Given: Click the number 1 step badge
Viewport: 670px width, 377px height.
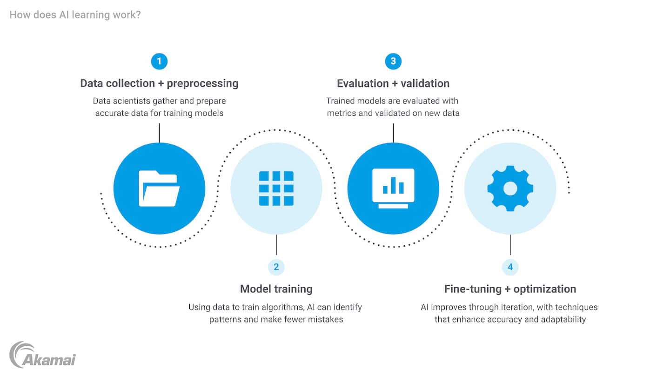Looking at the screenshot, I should click(x=159, y=61).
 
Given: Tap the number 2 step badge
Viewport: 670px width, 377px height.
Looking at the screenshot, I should click(x=276, y=267).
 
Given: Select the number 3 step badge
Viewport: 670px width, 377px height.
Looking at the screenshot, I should click(x=393, y=61).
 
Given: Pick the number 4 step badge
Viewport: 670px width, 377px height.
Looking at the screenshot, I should click(x=510, y=267).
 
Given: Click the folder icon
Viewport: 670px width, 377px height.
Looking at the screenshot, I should click(x=159, y=188).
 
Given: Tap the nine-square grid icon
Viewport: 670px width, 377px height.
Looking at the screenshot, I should click(x=276, y=188).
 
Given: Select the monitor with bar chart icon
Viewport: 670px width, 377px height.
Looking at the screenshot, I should click(x=393, y=188).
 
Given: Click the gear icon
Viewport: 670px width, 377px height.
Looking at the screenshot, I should click(x=510, y=188).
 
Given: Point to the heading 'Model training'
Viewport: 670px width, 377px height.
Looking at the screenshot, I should click(x=276, y=289).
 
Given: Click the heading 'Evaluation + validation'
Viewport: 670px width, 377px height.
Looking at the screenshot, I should click(x=393, y=84).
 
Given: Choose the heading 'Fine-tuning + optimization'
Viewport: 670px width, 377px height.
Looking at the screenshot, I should click(x=510, y=289).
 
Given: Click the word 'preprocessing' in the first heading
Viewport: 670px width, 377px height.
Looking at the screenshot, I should click(x=202, y=84).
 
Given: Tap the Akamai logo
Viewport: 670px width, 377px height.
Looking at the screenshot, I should click(x=43, y=355).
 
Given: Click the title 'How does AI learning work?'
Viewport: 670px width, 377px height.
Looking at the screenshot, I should click(x=75, y=15).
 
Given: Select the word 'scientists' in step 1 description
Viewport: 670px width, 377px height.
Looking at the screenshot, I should click(x=134, y=101).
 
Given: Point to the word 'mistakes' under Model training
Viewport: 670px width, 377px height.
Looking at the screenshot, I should click(x=326, y=319).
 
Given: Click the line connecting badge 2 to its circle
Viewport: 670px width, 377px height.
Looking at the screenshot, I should click(x=276, y=245).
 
